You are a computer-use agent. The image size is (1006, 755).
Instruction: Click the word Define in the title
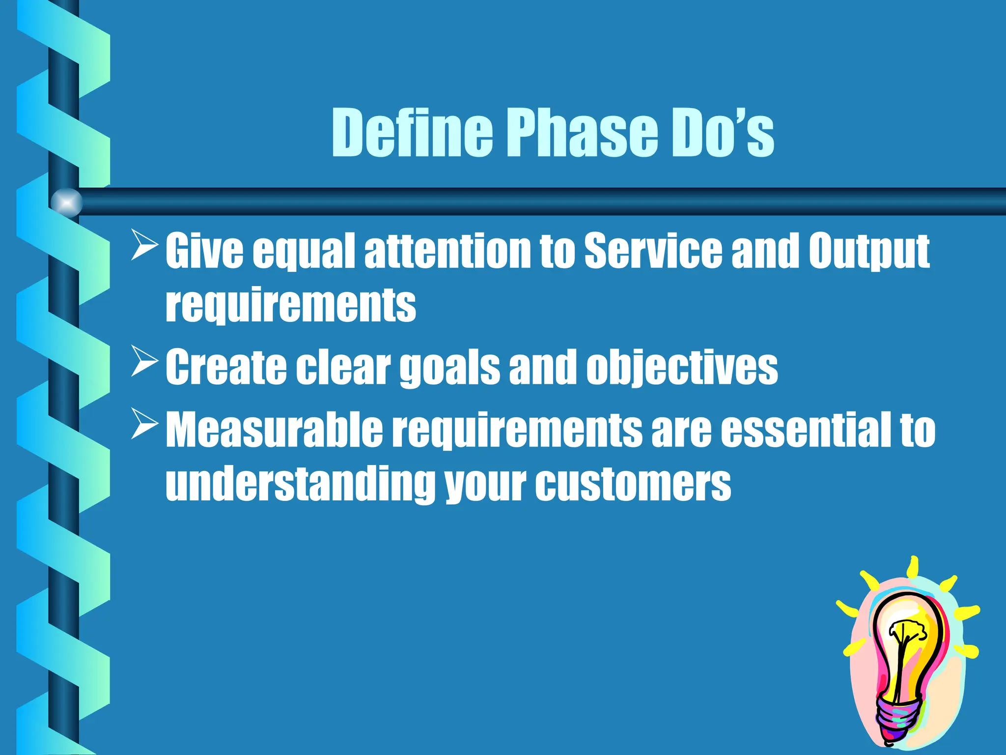(x=412, y=133)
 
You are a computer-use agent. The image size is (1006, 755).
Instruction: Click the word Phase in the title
(x=583, y=133)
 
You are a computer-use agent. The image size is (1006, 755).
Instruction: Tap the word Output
(x=869, y=252)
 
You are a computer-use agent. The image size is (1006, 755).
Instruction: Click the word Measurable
(x=274, y=430)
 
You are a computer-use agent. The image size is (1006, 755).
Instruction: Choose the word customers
(x=633, y=484)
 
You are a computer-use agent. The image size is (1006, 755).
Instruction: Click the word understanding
(x=300, y=484)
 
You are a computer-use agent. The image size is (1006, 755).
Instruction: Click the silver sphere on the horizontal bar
(x=66, y=203)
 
